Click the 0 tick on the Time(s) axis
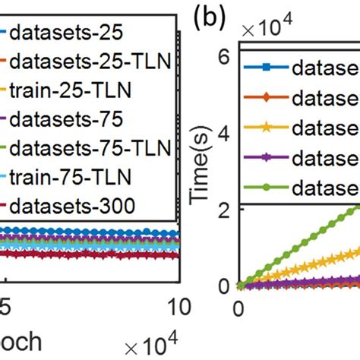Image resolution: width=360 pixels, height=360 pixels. pos(224,286)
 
